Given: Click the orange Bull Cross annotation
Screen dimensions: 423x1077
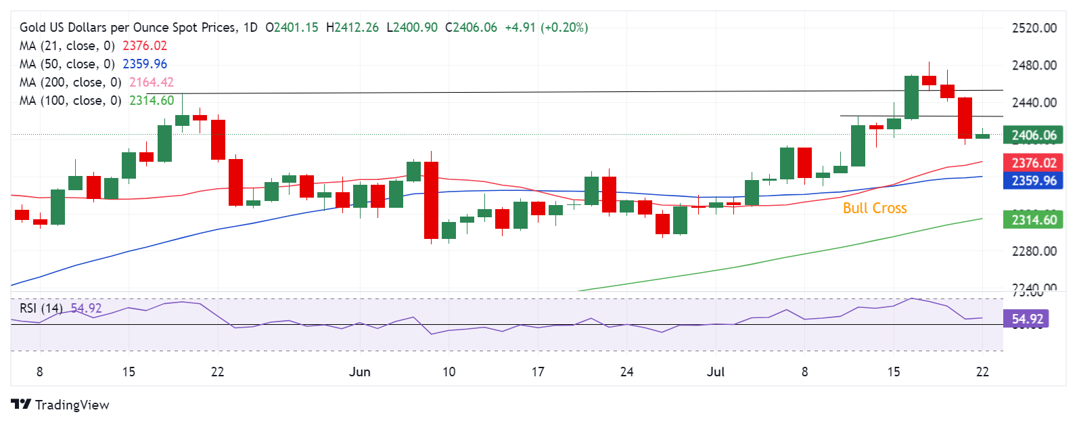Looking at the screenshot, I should click(874, 208).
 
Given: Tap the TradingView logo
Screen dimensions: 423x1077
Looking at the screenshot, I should click(60, 405).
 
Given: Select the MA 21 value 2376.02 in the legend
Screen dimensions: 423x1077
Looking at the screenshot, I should click(145, 46).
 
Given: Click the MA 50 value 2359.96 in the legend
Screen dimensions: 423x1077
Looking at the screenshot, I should click(145, 64).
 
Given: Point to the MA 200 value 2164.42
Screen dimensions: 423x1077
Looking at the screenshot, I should click(152, 83).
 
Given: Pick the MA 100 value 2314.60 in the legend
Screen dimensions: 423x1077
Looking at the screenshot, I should click(152, 101).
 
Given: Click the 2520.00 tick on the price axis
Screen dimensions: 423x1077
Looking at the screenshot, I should click(1034, 28).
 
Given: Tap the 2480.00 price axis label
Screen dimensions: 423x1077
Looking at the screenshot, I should click(1034, 66).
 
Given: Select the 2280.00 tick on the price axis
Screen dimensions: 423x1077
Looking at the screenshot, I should click(1034, 251).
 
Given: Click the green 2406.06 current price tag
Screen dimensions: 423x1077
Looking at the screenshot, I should click(1033, 135).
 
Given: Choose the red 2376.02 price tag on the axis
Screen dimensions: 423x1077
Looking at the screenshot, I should click(1033, 163).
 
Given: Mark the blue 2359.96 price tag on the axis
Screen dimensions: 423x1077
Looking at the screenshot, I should click(1033, 181).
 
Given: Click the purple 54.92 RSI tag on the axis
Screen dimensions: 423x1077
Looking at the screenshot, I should click(1028, 319).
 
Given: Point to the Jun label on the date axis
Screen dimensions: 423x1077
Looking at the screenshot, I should click(360, 372).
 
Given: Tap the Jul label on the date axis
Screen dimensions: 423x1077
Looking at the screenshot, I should click(716, 372).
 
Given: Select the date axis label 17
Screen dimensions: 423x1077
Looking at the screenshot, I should click(538, 372).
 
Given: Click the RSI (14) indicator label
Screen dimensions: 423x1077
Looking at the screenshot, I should click(41, 309).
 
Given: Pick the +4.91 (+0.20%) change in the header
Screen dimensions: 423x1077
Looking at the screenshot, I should click(547, 28).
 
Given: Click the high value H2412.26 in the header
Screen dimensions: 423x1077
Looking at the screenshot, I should click(352, 28).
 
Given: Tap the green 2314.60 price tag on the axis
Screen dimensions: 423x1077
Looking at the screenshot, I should click(1033, 220).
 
